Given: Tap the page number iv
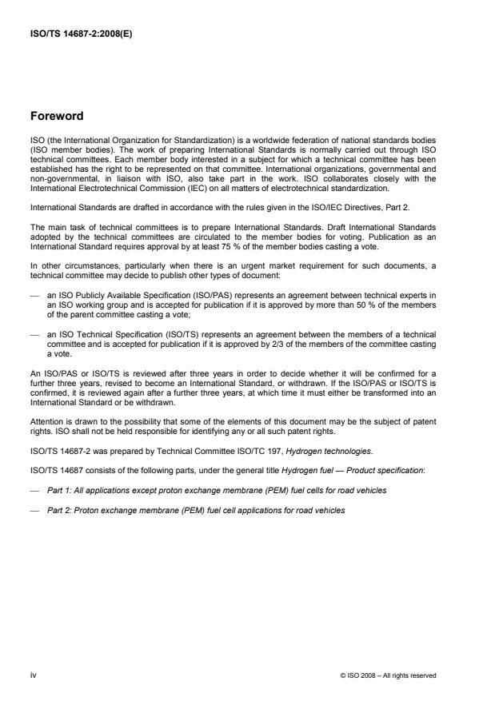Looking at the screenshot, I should coord(34,675).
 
